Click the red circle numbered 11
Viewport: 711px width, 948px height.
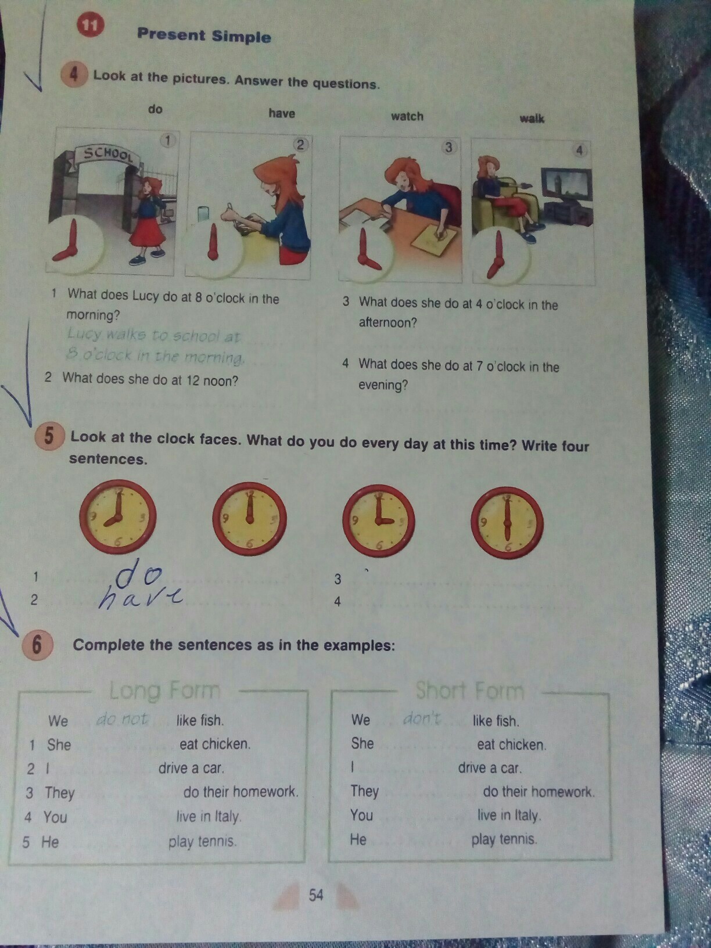90,25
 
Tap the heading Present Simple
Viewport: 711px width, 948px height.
204,35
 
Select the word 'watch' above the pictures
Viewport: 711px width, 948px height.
407,116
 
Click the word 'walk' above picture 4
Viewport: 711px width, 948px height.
532,119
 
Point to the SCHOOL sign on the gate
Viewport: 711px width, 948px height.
109,154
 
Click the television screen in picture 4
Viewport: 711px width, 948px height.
566,184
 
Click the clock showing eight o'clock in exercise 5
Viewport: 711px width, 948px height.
117,517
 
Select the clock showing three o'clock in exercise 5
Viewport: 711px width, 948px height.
379,521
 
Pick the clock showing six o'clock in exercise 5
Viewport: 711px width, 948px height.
507,523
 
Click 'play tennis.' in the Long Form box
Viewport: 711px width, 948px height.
203,841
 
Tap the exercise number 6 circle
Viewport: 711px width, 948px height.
37,646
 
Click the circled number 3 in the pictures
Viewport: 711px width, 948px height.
448,148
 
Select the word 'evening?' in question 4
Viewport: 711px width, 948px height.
383,385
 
